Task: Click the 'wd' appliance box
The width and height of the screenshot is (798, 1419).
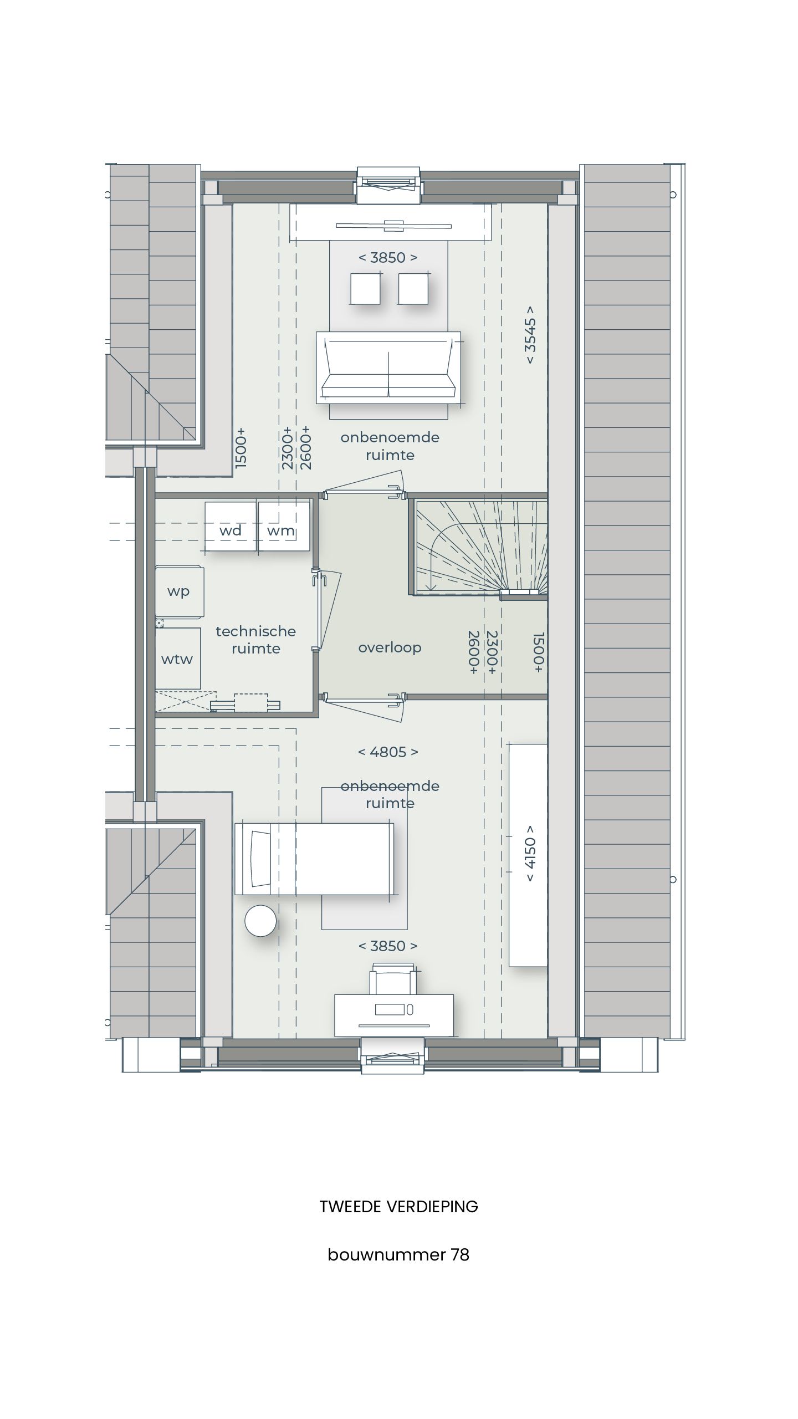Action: pos(231,527)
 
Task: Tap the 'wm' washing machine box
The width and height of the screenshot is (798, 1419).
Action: pos(283,527)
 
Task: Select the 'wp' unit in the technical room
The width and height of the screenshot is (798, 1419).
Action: pos(179,591)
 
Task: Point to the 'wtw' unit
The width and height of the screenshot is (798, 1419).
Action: pos(177,659)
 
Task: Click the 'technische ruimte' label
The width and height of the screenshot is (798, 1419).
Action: pos(256,640)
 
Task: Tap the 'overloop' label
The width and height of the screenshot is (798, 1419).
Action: pos(390,647)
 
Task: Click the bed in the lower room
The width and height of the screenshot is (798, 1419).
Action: pos(314,859)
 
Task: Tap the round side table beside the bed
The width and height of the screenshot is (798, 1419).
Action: pos(260,921)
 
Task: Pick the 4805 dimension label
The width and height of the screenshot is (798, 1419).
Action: pos(388,752)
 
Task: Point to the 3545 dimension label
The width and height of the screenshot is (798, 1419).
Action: pos(530,334)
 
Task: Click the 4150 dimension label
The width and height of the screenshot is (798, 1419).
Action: pos(530,854)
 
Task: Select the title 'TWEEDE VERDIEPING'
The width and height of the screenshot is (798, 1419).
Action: pos(398,1207)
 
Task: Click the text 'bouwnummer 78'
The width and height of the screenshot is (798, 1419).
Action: pos(398,1254)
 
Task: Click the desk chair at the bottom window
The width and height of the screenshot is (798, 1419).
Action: pos(393,982)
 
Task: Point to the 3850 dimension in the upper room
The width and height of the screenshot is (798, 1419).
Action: pos(388,257)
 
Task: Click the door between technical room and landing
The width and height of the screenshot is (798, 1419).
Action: pos(320,610)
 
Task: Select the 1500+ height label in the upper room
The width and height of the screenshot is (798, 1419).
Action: pos(241,448)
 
